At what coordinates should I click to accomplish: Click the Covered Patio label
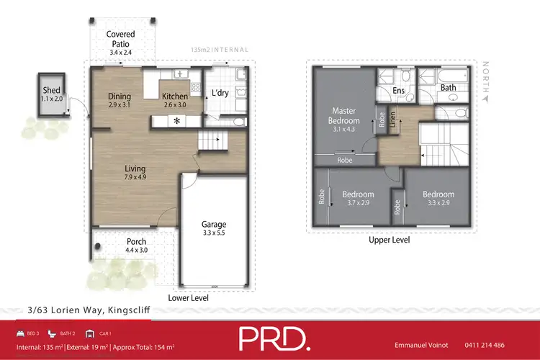point(121,39)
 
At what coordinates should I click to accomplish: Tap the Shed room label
point(52,89)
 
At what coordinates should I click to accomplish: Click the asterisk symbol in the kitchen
point(176,122)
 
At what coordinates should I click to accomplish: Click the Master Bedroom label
point(345,116)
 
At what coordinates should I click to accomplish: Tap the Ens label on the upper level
point(400,90)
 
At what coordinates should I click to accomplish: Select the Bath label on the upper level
point(449,88)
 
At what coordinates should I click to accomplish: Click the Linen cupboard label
point(393,117)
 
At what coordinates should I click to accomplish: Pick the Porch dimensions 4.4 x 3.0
point(136,251)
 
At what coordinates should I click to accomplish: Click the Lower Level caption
point(189,297)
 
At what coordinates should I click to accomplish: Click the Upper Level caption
point(389,240)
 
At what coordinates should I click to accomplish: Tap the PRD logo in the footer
point(276,339)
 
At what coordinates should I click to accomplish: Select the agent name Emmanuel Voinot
point(426,346)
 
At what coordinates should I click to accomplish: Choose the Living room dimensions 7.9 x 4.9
point(135,177)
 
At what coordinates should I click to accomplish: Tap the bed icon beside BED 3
point(20,334)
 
